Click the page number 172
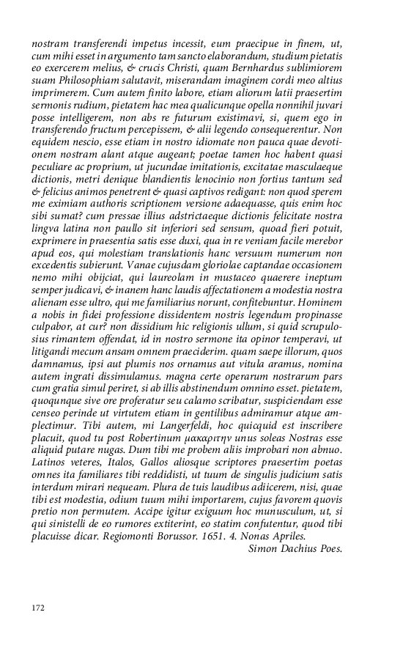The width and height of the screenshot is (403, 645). (39, 608)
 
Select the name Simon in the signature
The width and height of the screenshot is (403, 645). (265, 548)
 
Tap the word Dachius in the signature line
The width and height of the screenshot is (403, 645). (302, 548)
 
